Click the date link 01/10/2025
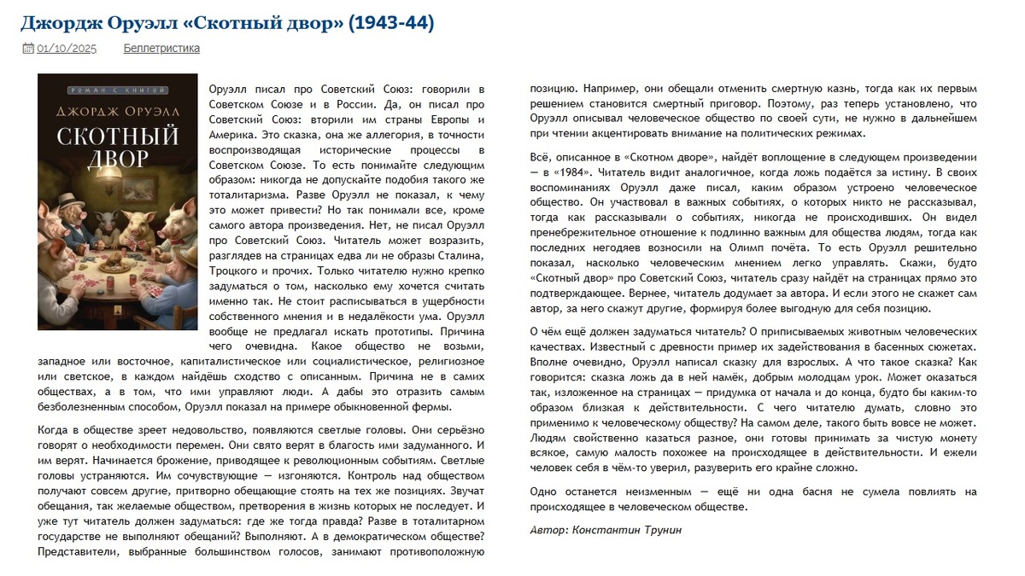[x=67, y=49]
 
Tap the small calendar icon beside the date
[x=27, y=49]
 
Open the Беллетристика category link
[x=161, y=49]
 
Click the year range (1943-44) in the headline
[x=389, y=23]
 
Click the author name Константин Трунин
[x=630, y=530]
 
